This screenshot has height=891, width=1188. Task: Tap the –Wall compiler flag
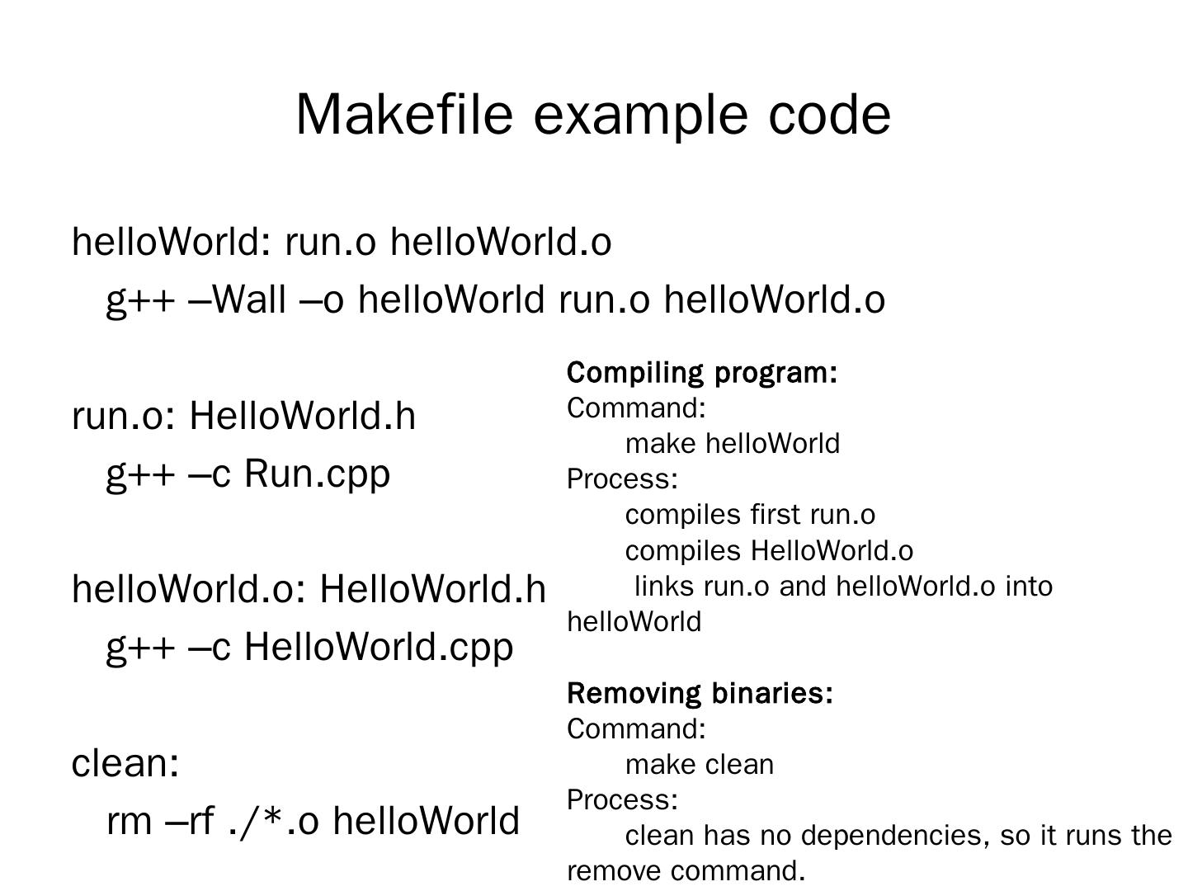[238, 299]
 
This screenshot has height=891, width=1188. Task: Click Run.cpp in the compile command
[317, 474]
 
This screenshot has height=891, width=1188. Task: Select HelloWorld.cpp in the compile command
[379, 647]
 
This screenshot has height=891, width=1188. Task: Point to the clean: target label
[125, 763]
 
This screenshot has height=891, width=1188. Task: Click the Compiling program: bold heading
[702, 373]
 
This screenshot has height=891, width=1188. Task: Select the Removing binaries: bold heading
[700, 694]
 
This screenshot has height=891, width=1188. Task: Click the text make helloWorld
[733, 444]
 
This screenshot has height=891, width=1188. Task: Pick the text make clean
[700, 765]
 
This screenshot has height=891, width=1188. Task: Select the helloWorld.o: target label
[190, 590]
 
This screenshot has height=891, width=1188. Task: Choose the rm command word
[128, 822]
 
